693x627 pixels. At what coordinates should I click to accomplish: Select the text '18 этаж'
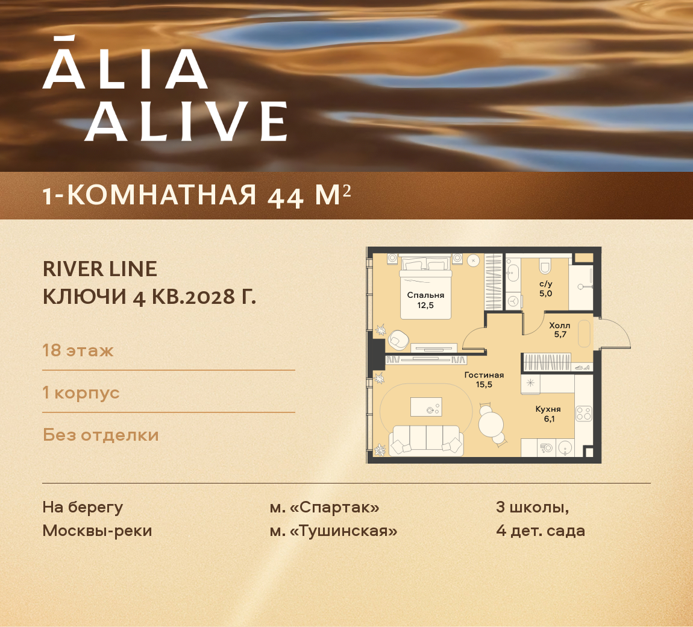tap(78, 350)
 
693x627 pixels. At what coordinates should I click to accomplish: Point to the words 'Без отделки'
tap(101, 435)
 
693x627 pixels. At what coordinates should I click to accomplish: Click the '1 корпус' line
tap(81, 392)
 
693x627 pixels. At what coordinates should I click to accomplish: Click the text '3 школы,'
tap(532, 507)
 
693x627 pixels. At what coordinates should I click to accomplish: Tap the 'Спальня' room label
tap(425, 295)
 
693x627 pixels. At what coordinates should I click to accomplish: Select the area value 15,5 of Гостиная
tap(484, 384)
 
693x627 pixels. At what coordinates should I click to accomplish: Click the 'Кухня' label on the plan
tap(548, 409)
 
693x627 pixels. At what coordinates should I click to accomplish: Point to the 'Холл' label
tap(560, 326)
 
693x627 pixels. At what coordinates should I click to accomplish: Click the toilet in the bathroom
tap(545, 266)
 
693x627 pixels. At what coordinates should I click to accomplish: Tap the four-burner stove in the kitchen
tap(583, 414)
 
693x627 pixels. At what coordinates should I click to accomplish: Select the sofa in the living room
tap(426, 440)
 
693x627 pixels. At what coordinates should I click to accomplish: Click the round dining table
tap(492, 423)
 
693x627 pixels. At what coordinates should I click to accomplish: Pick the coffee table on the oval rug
tap(426, 407)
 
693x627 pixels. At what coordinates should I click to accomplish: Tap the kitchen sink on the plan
tap(565, 448)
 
